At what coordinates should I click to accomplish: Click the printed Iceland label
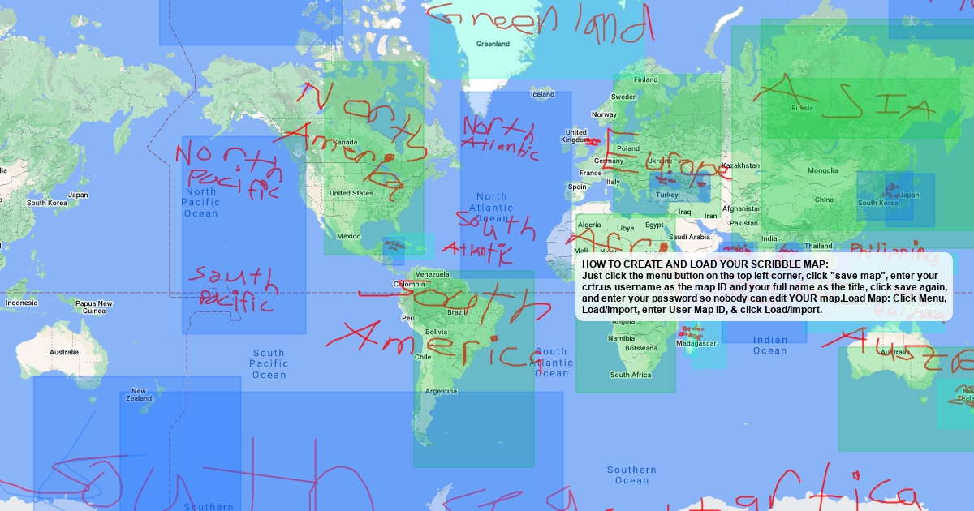542,94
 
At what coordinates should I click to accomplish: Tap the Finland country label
646,79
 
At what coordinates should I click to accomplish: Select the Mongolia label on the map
822,170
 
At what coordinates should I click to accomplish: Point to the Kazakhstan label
739,165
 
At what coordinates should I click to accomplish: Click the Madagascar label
697,343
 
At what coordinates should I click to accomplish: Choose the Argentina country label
441,391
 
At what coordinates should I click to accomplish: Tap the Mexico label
348,236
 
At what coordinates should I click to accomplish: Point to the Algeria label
589,225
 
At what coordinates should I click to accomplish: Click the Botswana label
641,348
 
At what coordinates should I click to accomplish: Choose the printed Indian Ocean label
770,345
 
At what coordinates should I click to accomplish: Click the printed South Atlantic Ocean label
551,363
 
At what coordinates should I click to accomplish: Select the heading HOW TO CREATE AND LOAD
705,264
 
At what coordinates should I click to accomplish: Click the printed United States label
351,193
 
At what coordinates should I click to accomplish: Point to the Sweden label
624,97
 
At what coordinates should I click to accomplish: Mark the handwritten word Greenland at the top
539,22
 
